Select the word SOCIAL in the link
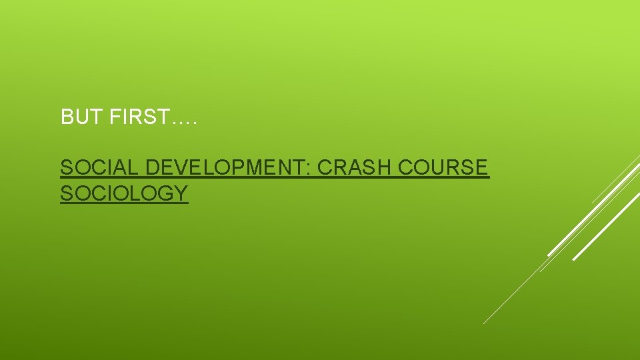[100, 168]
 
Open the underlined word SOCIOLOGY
[124, 193]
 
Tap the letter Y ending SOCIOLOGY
[181, 193]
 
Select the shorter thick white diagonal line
[605, 227]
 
